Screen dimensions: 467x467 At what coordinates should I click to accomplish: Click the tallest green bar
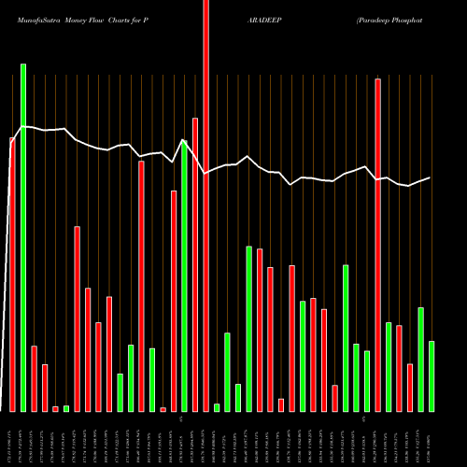pyautogui.click(x=23, y=237)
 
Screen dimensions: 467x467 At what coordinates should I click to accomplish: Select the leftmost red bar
pyautogui.click(x=12, y=275)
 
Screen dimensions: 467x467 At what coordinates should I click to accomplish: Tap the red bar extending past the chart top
pyautogui.click(x=205, y=205)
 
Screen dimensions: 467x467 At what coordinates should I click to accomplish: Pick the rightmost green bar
pyautogui.click(x=432, y=376)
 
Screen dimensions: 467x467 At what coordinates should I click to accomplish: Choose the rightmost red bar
pyautogui.click(x=410, y=388)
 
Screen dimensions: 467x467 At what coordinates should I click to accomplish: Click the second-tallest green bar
pyautogui.click(x=184, y=276)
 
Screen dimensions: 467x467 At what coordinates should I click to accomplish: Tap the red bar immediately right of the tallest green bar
pyautogui.click(x=34, y=378)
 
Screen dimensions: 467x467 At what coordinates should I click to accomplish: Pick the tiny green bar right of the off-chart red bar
pyautogui.click(x=217, y=407)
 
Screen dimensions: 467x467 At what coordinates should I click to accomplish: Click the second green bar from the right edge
pyautogui.click(x=420, y=360)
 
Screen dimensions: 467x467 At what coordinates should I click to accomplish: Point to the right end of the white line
pyautogui.click(x=430, y=177)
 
